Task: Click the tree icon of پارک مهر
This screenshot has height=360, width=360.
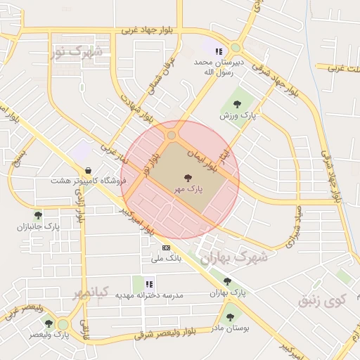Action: tap(188, 178)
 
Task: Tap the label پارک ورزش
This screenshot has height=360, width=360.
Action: tap(234, 115)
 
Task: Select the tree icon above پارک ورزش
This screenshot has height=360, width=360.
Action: tap(245, 104)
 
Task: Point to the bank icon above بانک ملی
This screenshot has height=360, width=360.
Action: tap(167, 247)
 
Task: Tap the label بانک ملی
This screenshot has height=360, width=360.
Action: tap(167, 258)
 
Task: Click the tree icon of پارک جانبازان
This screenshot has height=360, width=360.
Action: tap(38, 215)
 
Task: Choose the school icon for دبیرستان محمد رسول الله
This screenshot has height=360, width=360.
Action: tap(219, 51)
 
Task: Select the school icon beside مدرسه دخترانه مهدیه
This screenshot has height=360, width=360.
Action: tap(149, 283)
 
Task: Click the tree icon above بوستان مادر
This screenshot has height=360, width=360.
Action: tap(230, 317)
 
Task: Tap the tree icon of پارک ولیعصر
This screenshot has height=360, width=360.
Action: tap(49, 323)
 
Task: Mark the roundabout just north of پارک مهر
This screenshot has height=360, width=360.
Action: tap(172, 134)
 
